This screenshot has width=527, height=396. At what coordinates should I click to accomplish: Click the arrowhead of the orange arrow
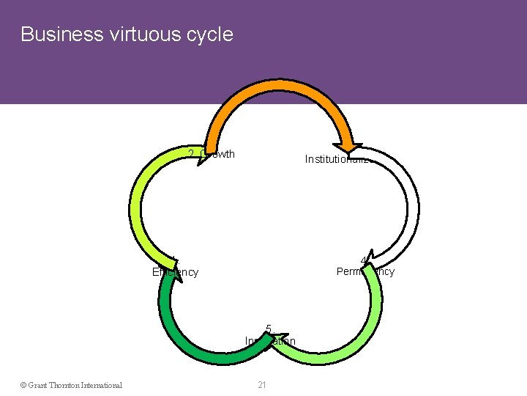click(x=349, y=143)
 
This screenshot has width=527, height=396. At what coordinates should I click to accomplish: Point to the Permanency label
click(x=365, y=271)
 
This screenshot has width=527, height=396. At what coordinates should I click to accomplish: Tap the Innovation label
click(x=270, y=341)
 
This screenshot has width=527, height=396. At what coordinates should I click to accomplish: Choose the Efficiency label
click(x=175, y=272)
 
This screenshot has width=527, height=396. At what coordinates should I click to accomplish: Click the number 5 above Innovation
click(x=269, y=329)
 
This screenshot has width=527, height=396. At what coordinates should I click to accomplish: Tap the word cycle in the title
click(x=212, y=34)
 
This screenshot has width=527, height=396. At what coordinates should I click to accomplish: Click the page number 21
click(x=261, y=384)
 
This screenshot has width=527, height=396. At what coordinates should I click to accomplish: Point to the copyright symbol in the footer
click(x=23, y=384)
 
